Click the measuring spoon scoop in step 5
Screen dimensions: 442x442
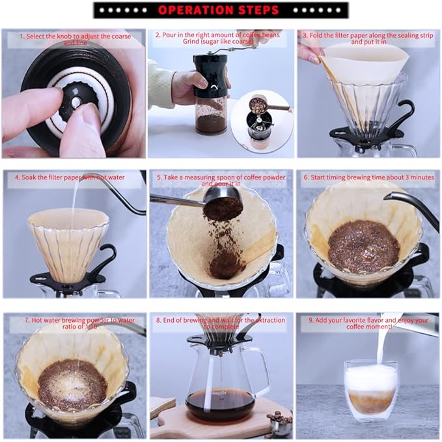click(223, 207)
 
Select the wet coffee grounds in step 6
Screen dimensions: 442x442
click(363, 246)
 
